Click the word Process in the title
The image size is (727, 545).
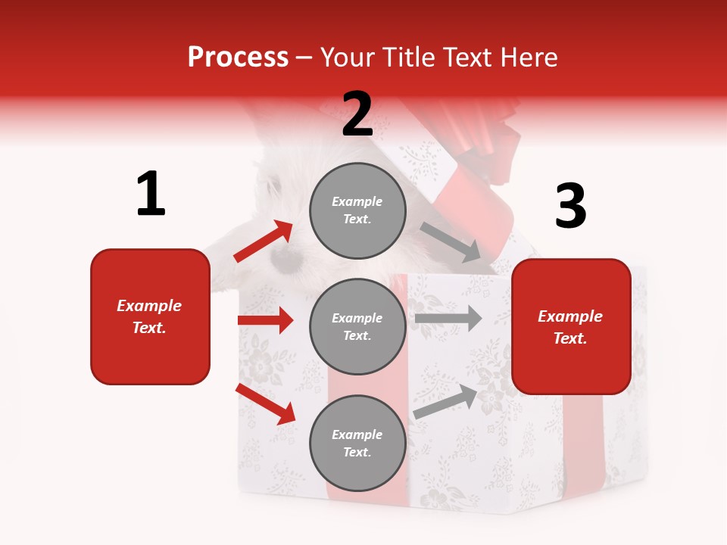[238, 58]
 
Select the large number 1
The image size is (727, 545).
[151, 195]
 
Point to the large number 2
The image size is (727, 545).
[357, 114]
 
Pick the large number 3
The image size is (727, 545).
[570, 207]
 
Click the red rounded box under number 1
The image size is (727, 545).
[150, 316]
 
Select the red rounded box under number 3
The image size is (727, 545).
[571, 326]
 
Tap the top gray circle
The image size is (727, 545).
[357, 210]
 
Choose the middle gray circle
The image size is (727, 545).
[357, 326]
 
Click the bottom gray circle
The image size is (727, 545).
[357, 443]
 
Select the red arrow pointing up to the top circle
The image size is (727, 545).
[264, 241]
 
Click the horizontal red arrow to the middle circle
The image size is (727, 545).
[265, 320]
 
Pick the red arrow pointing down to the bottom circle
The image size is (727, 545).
[266, 403]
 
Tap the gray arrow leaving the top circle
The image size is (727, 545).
[450, 241]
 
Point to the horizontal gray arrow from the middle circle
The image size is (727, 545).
[448, 318]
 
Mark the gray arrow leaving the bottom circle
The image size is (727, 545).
[446, 401]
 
